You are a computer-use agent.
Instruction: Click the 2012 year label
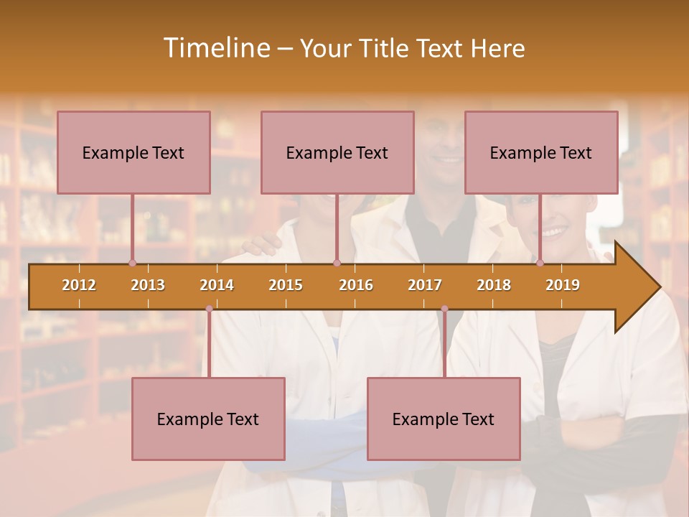click(x=79, y=285)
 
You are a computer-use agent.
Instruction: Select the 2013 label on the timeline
click(x=148, y=285)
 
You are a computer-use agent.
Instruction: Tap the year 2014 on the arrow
click(x=217, y=285)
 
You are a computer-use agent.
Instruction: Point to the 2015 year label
click(x=286, y=285)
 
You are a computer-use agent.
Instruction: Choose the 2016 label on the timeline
click(x=356, y=285)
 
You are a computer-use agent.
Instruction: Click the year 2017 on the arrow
click(x=425, y=285)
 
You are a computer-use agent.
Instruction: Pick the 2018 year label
click(x=494, y=285)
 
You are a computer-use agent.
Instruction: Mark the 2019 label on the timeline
click(x=563, y=285)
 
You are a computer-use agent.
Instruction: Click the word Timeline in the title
click(x=215, y=48)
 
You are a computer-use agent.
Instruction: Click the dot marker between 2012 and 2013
click(x=132, y=263)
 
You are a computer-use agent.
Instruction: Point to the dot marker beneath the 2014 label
click(x=209, y=309)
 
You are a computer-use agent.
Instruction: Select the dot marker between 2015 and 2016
click(x=337, y=263)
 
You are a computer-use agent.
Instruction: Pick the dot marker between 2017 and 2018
click(x=444, y=309)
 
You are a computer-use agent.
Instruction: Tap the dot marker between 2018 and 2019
click(x=540, y=263)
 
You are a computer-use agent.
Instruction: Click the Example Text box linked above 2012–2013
click(x=133, y=152)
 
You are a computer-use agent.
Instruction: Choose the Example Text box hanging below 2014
click(x=208, y=419)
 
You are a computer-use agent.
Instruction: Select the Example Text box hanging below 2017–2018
click(x=444, y=419)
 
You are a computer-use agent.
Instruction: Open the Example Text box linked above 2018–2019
click(x=541, y=152)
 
